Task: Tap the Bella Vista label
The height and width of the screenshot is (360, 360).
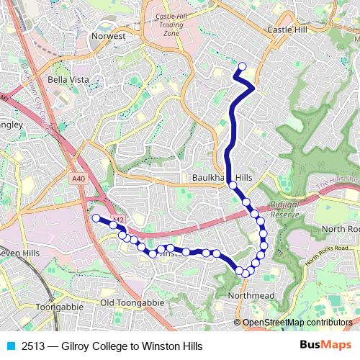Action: [68, 80]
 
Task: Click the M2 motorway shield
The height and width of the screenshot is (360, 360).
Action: [119, 220]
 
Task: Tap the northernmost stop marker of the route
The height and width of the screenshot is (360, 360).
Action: [242, 68]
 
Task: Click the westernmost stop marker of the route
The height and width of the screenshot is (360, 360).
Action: [96, 217]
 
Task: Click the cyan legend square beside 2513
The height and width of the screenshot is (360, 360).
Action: [11, 346]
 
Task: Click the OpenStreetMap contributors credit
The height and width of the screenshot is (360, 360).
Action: [297, 323]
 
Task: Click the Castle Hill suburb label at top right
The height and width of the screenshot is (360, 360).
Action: [287, 30]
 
